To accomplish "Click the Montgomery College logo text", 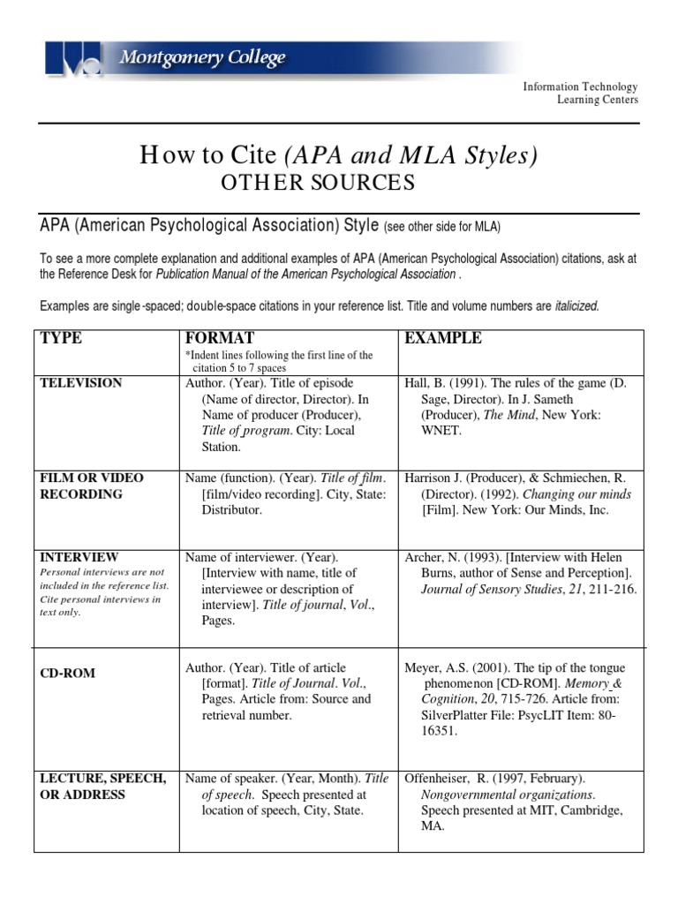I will coord(202,58).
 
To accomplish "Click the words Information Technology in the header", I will coord(580,87).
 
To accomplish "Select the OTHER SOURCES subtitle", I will coord(317,183).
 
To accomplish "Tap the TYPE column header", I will coord(62,339).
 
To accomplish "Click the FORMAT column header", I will coord(220,339).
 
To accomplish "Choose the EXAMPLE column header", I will coord(442,339).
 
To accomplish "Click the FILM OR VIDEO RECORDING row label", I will coord(92,486).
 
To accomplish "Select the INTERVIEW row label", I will coord(79,558).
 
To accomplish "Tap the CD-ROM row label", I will coord(67,674).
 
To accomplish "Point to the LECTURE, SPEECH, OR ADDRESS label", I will coord(102,786).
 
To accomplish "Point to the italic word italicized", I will coord(576,306).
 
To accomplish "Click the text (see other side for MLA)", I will coord(441,228).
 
